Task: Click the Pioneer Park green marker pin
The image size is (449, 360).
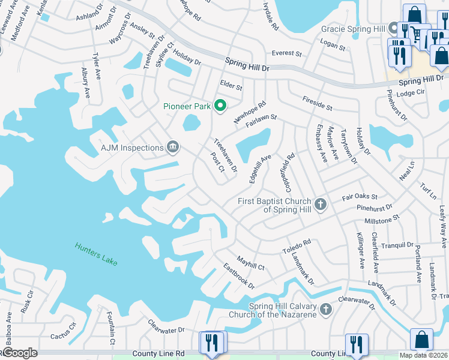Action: [x=220, y=106]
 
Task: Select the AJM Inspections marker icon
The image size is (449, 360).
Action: [x=173, y=148]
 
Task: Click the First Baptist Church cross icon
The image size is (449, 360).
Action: [x=321, y=205]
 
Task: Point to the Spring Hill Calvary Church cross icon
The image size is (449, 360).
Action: [x=326, y=310]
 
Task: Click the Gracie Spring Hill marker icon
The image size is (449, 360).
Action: [x=394, y=28]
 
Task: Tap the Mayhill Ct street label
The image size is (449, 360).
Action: [x=250, y=262]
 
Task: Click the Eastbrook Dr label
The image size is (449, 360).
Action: [x=239, y=275]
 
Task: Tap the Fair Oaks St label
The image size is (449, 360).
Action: [x=359, y=197]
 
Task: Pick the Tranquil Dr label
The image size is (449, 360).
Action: [x=393, y=245]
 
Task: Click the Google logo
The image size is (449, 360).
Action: [x=20, y=353]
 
